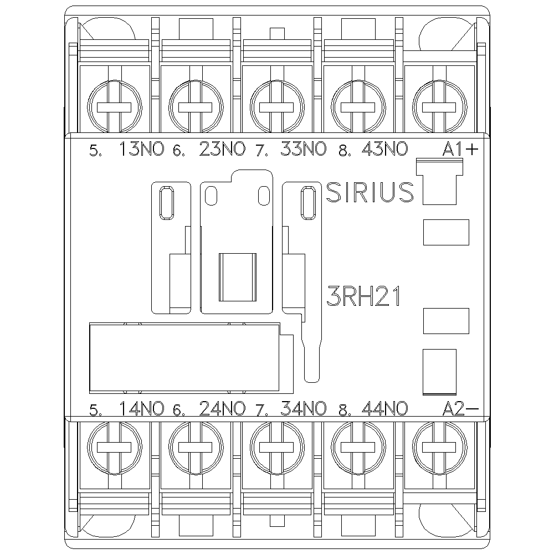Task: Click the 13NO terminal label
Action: tap(142, 148)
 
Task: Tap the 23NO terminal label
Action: tap(222, 148)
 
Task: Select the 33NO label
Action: tap(304, 148)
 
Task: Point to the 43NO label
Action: tap(385, 148)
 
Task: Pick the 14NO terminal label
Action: tap(142, 408)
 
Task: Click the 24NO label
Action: tap(222, 408)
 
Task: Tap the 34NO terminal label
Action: tap(304, 408)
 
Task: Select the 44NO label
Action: tap(385, 408)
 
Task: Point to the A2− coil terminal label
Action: tap(460, 409)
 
